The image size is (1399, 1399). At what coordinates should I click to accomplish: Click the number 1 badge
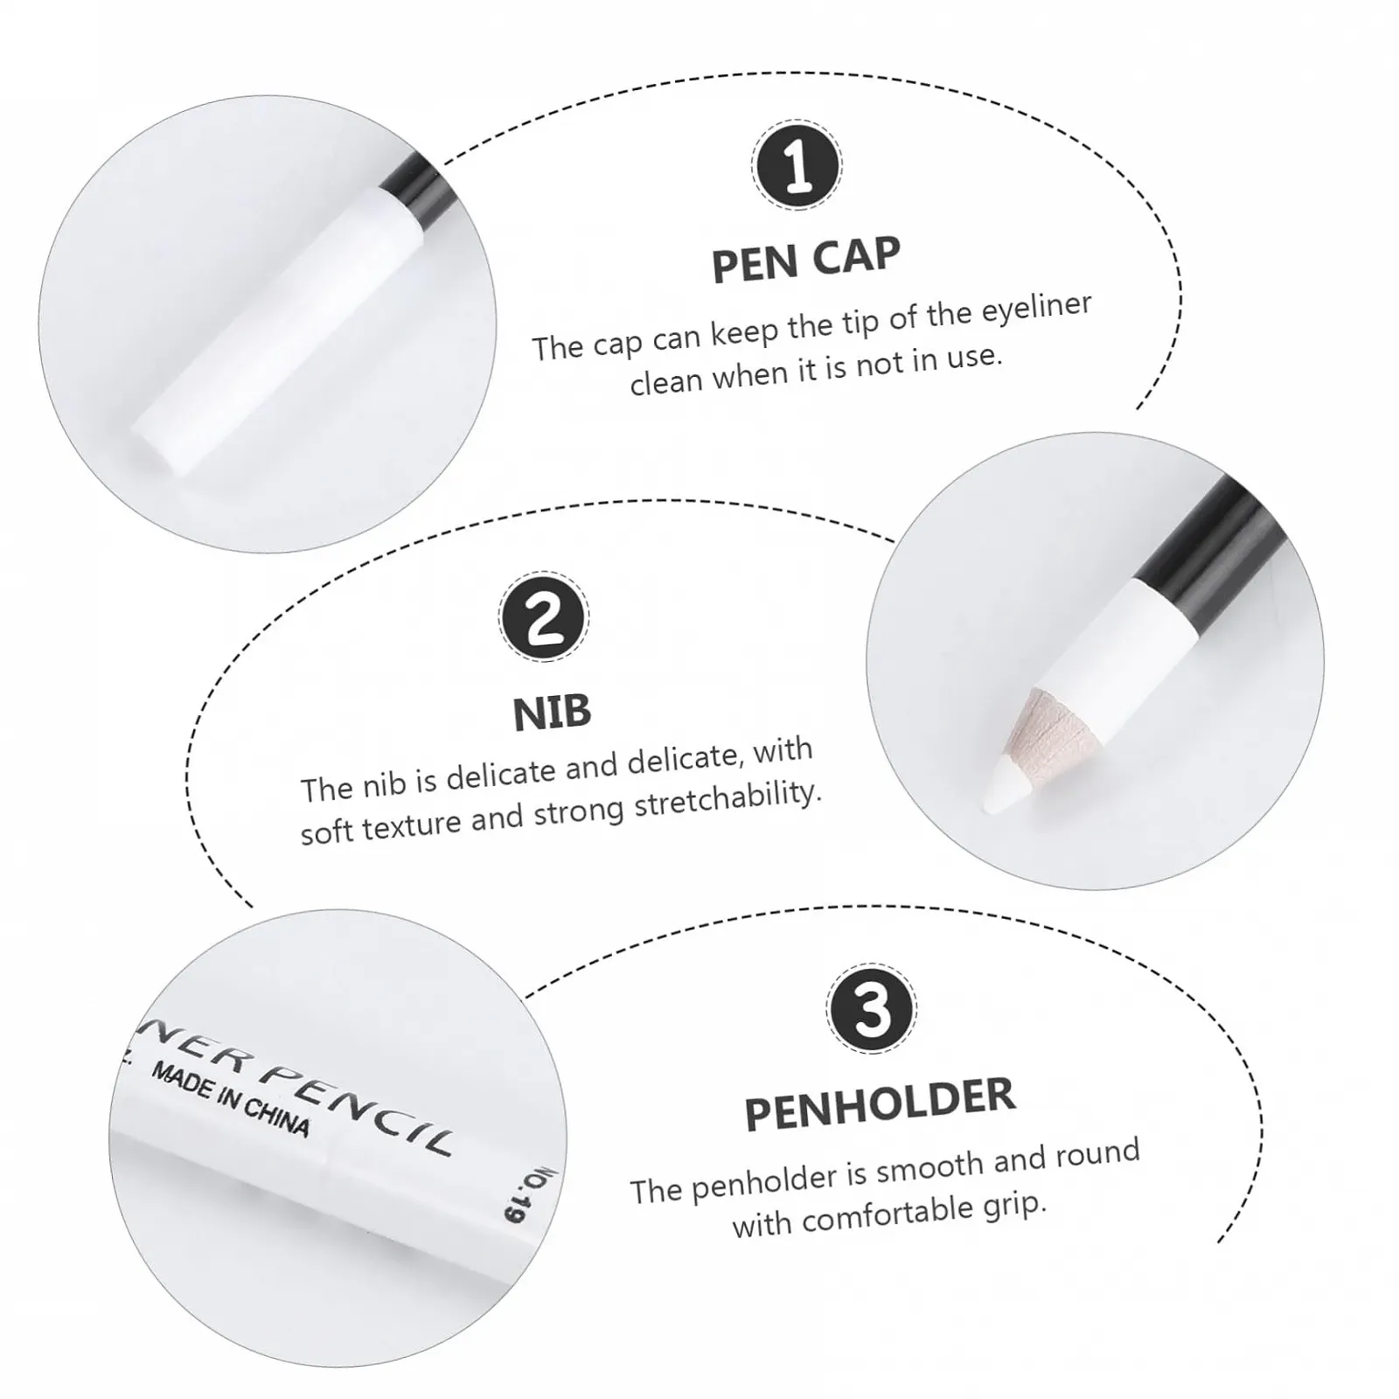click(x=797, y=164)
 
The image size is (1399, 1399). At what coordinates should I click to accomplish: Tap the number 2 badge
click(x=544, y=616)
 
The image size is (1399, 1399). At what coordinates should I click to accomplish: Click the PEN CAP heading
click(x=805, y=260)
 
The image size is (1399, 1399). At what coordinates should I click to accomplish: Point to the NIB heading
click(x=552, y=713)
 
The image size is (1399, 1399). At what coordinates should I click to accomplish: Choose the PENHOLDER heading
click(x=880, y=1105)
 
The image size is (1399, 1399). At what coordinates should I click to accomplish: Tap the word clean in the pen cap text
click(x=665, y=379)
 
